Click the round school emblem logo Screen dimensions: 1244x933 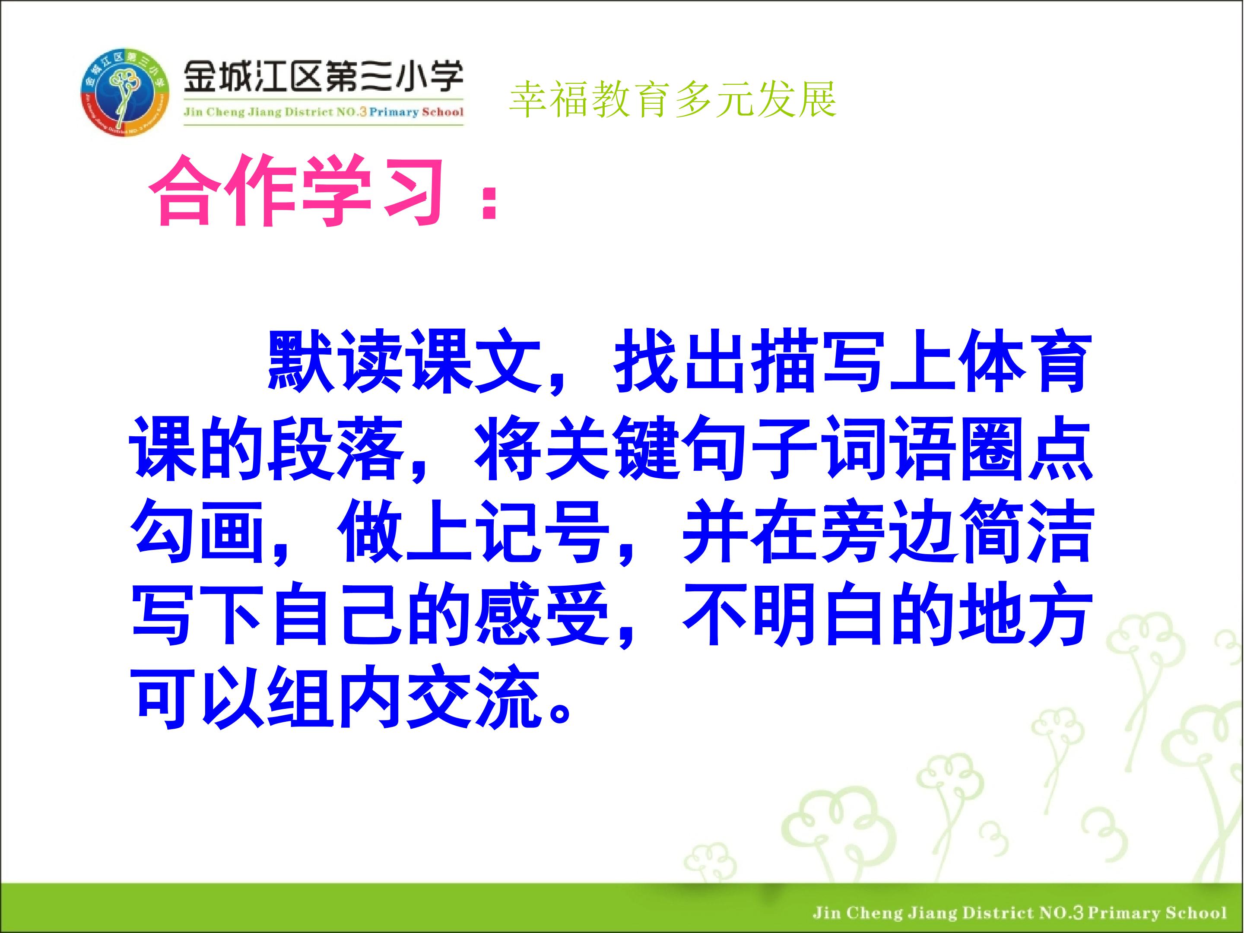point(125,93)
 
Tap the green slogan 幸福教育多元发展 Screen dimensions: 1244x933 point(673,99)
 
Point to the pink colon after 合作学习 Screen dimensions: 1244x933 point(486,201)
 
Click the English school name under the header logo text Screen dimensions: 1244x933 point(324,111)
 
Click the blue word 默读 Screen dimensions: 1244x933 point(334,361)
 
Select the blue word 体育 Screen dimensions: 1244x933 point(1024,361)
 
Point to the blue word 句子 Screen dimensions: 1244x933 point(750,448)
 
